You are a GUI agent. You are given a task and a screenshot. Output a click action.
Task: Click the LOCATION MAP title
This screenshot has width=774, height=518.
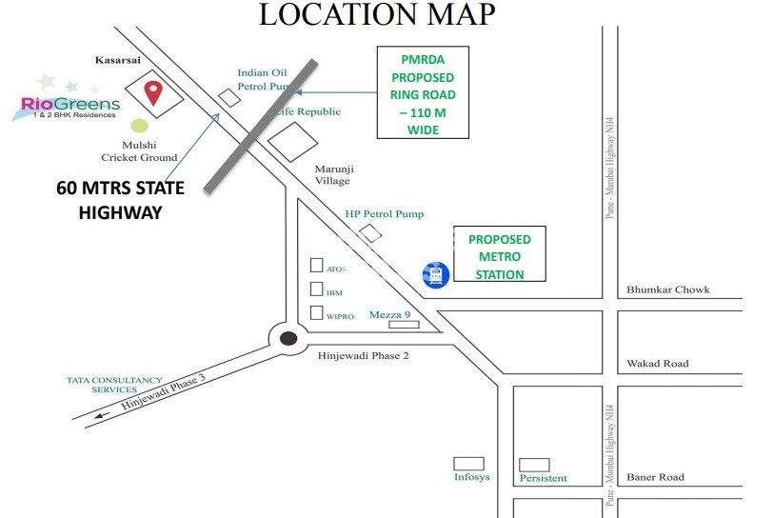377,14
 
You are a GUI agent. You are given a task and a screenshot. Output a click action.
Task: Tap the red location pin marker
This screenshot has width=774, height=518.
151,92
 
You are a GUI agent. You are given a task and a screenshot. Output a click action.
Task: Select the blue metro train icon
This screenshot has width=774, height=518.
436,275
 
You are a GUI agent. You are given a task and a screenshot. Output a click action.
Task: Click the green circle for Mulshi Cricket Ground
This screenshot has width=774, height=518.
140,125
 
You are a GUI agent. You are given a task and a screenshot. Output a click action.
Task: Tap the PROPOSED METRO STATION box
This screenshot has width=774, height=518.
500,254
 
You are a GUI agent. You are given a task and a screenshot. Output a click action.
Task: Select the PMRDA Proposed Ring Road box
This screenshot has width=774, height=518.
423,91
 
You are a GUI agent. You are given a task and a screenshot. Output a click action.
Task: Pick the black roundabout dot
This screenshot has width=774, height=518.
288,338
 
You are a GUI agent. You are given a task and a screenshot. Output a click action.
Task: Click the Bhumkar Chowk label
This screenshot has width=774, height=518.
667,289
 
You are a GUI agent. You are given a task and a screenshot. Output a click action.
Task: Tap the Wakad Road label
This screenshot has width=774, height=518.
657,364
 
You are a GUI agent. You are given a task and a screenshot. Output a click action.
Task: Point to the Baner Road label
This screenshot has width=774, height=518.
655,477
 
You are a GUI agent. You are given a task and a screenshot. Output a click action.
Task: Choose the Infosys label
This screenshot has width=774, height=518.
471,476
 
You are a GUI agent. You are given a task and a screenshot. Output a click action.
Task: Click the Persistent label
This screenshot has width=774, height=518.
543,478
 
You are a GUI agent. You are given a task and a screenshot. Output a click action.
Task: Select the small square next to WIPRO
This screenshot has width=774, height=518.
317,313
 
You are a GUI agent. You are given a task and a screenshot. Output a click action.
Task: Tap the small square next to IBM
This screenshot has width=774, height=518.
317,290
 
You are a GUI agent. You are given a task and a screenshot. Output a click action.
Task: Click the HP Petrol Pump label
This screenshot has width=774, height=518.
385,214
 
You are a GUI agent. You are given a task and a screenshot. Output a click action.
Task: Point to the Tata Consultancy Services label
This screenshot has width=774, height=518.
115,384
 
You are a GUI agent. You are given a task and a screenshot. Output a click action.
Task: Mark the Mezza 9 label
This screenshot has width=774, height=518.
389,314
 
